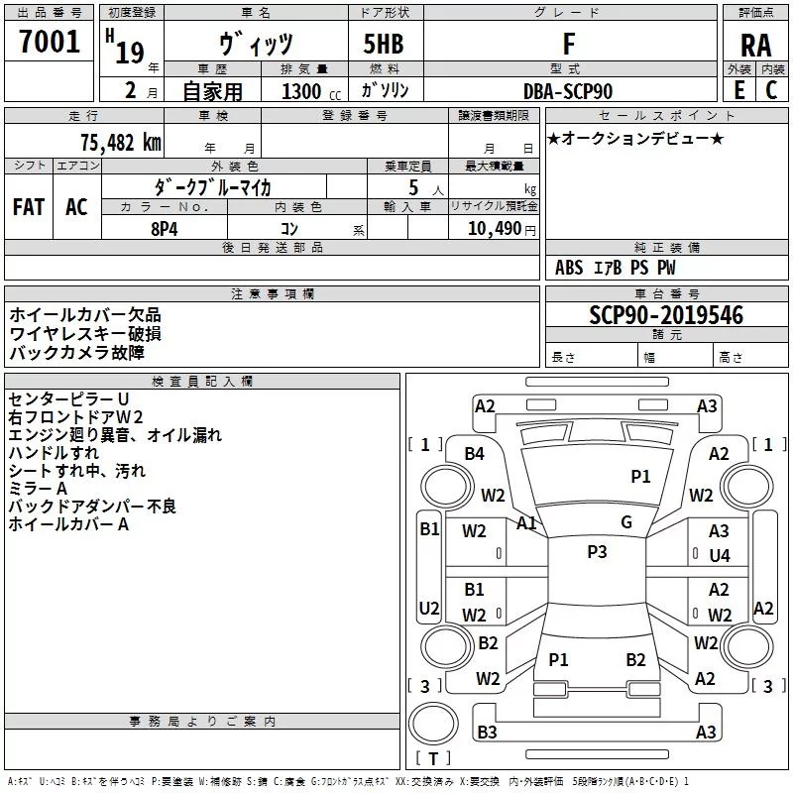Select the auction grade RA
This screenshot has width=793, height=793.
tap(755, 46)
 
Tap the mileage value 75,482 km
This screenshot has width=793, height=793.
tap(120, 142)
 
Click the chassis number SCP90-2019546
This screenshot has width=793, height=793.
tap(666, 315)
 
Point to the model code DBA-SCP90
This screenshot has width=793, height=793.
tap(568, 91)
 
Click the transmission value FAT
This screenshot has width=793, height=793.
tap(28, 207)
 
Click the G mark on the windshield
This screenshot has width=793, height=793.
tap(626, 522)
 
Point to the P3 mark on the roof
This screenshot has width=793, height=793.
tap(597, 552)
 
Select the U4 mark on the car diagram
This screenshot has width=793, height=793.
tap(720, 556)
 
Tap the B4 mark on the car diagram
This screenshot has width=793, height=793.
tap(475, 454)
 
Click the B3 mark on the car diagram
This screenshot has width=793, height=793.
tap(487, 733)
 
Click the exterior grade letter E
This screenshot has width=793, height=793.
tap(738, 90)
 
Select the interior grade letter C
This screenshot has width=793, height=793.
tap(771, 90)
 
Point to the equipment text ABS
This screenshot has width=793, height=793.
tap(569, 268)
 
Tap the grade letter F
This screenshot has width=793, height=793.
tap(568, 45)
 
